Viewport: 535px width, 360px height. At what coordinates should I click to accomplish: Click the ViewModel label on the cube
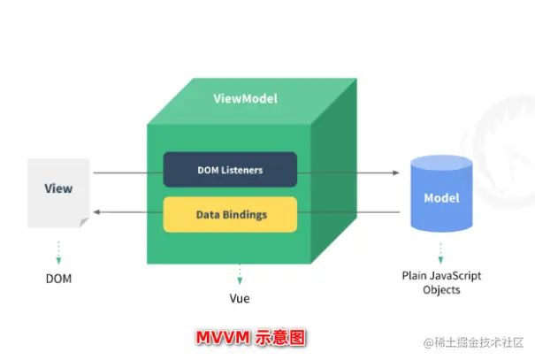tap(245, 98)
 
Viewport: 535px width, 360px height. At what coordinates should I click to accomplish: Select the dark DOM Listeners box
tap(230, 170)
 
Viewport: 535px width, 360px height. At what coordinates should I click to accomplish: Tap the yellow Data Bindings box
tap(230, 214)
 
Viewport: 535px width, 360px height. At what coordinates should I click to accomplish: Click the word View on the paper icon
tap(58, 188)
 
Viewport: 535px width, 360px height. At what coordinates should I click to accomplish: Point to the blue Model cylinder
tap(441, 194)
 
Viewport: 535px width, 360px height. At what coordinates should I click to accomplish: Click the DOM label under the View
tap(58, 279)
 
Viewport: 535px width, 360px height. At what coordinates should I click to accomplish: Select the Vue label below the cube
tap(240, 299)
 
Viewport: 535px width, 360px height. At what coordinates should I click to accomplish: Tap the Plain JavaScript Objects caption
tap(441, 282)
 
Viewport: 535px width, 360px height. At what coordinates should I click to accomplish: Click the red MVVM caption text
tap(251, 338)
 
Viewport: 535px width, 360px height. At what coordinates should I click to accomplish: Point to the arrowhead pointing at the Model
tap(396, 172)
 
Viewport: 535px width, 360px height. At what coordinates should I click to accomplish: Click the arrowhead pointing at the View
tap(96, 212)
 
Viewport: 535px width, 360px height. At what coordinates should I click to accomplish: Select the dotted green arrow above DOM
tap(58, 252)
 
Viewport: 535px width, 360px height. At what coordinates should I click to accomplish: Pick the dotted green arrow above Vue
tap(240, 274)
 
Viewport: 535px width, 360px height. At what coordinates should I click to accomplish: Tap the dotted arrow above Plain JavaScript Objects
tap(441, 253)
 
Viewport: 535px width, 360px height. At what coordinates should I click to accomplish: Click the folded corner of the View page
tap(84, 223)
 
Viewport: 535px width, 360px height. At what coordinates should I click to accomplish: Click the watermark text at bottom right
tap(473, 342)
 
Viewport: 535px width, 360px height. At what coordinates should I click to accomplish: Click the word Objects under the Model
tap(441, 290)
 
